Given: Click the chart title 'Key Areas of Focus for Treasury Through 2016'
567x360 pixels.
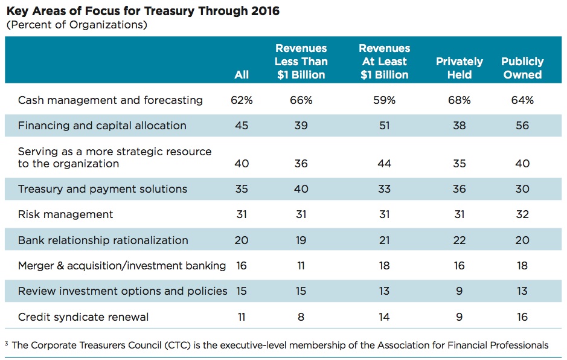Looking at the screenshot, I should [x=143, y=11].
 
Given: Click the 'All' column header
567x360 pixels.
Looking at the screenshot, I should [x=242, y=75].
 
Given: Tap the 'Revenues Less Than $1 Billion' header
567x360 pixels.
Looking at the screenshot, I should [x=301, y=62].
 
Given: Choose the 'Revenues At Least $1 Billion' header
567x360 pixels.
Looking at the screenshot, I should [x=384, y=62].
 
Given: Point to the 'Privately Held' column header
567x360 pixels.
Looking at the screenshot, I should [x=460, y=68].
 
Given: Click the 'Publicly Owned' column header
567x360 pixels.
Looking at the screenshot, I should [x=522, y=68].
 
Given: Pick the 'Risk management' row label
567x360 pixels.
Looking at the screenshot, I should [x=66, y=214].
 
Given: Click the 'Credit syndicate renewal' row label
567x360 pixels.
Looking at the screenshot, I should [x=83, y=317].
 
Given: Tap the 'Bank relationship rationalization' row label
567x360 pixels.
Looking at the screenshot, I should [x=103, y=240].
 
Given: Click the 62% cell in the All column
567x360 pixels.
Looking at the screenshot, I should [x=242, y=100].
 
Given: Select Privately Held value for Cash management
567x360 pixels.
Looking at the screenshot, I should [x=459, y=100].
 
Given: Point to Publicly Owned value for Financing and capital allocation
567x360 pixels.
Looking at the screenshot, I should [x=522, y=126].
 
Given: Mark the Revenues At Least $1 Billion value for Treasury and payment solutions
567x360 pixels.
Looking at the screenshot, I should [x=384, y=189].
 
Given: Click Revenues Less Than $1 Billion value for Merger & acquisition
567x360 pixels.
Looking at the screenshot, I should [x=301, y=266].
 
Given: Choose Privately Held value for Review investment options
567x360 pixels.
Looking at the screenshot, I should [x=459, y=291].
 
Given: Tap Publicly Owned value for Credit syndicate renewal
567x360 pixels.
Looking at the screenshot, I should [x=522, y=317].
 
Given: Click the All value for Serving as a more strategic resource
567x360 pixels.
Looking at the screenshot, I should [x=242, y=164].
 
